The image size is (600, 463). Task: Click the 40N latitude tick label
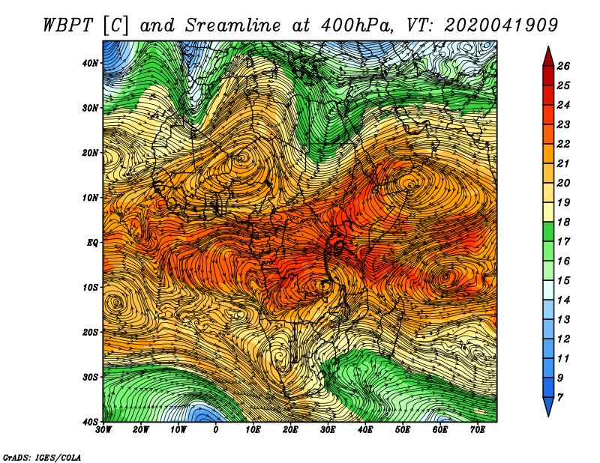click(x=90, y=63)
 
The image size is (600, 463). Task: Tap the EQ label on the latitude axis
click(x=92, y=243)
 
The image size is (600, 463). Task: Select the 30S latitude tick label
click(x=90, y=377)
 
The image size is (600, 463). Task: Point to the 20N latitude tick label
click(x=90, y=153)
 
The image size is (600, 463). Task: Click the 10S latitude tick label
click(x=90, y=288)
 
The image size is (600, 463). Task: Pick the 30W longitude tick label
click(x=103, y=430)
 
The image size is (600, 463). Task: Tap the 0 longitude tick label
click(x=216, y=430)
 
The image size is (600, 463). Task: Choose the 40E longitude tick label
click(x=365, y=430)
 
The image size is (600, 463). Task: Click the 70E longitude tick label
click(x=478, y=430)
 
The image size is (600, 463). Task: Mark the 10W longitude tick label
click(x=178, y=430)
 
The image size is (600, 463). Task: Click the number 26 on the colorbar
click(x=563, y=66)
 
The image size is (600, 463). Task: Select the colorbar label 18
click(x=563, y=222)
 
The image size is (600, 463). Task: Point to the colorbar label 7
click(x=560, y=398)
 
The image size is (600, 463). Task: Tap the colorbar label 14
click(x=563, y=300)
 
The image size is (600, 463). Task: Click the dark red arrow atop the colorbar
click(x=548, y=57)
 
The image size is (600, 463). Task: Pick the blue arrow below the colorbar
click(x=548, y=406)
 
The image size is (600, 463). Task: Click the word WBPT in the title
click(x=67, y=25)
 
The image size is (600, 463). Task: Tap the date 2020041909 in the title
click(x=501, y=25)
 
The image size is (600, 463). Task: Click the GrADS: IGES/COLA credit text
click(x=42, y=457)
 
